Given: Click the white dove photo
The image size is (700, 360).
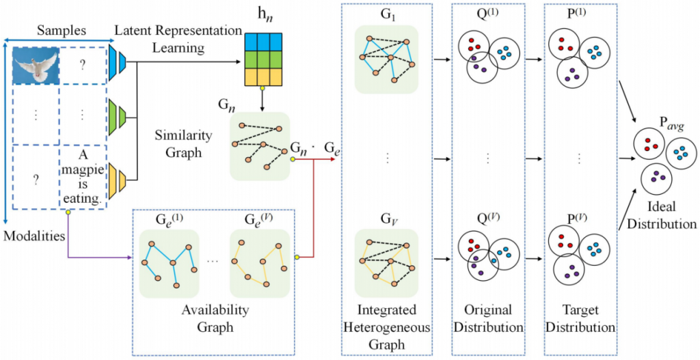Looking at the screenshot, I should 36,70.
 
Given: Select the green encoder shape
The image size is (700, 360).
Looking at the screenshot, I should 118,114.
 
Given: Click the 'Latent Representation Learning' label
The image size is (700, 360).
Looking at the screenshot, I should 178,39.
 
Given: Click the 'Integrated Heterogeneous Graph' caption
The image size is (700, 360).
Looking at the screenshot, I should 386,326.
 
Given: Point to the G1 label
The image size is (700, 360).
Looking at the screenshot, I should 386,15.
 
